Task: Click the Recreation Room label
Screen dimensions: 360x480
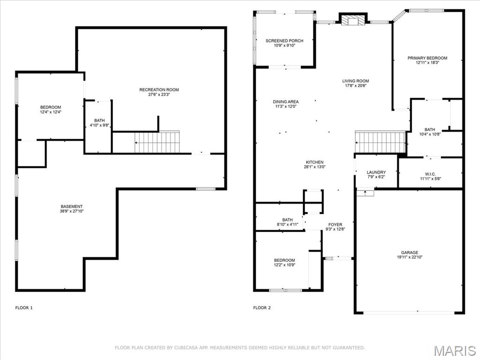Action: point(159,90)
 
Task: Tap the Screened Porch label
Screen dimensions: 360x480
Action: point(284,41)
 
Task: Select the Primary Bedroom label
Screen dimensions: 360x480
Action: point(427,58)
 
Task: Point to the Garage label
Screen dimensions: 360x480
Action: point(409,253)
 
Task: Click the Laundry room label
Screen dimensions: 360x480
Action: point(376,172)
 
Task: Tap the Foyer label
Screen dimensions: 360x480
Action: point(335,225)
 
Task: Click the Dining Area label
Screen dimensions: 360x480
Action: point(285,102)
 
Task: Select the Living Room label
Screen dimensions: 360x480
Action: point(355,81)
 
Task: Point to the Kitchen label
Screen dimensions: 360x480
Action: point(315,162)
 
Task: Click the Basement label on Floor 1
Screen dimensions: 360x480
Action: point(72,207)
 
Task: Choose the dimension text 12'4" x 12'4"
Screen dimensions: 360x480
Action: point(51,112)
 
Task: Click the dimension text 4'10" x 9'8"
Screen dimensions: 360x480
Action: point(99,126)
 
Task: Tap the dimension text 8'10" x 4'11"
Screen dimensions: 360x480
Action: point(287,225)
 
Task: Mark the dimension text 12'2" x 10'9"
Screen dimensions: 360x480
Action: point(285,265)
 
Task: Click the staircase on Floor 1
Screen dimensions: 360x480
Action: point(157,142)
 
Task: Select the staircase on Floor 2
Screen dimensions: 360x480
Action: point(380,142)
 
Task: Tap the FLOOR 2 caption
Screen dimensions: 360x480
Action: point(262,308)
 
